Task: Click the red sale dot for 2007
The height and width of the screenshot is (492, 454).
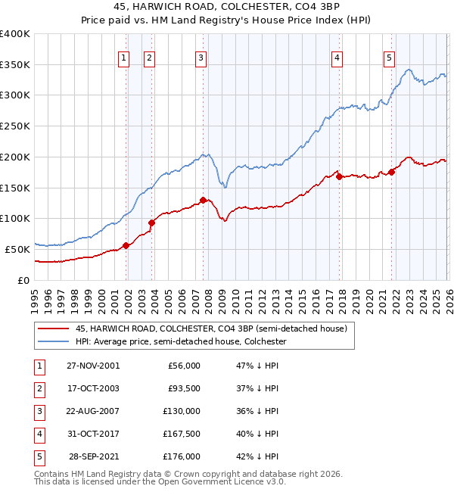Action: (x=203, y=200)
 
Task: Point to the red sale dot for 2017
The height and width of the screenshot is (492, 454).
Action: (x=339, y=176)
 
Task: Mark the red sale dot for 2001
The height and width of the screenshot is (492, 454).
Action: (x=126, y=245)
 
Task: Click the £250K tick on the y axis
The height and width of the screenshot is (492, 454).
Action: (x=15, y=126)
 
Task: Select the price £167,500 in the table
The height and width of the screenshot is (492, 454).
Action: (x=180, y=434)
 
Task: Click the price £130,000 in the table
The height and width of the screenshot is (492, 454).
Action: (x=180, y=411)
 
